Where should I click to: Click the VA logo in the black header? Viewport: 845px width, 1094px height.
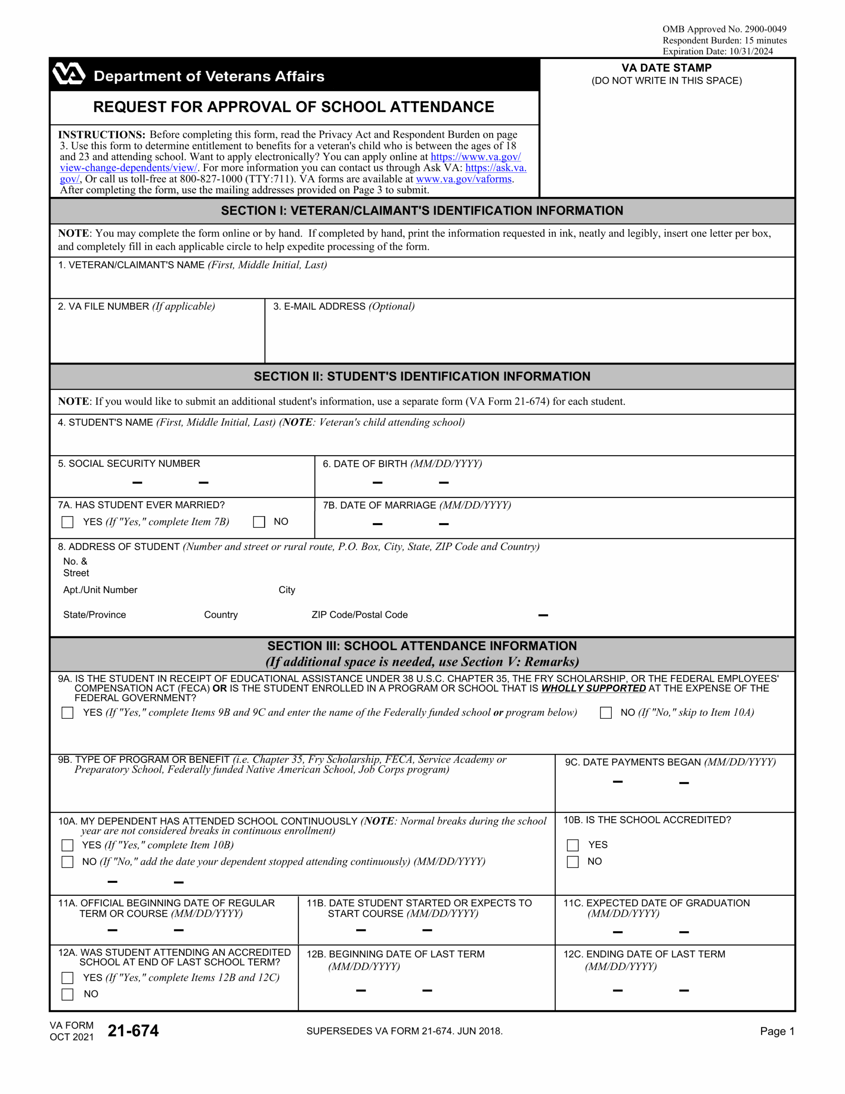tap(69, 74)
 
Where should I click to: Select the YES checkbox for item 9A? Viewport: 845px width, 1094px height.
tap(67, 713)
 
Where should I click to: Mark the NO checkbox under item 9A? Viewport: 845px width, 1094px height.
tap(606, 713)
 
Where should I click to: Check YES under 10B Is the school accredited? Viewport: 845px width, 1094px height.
tap(572, 846)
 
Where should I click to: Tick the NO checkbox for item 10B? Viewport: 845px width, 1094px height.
tap(572, 862)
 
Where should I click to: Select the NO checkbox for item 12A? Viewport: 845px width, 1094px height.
tap(67, 994)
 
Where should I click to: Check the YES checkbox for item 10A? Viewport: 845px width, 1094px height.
tap(67, 846)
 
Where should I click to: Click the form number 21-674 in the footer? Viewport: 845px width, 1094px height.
tap(133, 1031)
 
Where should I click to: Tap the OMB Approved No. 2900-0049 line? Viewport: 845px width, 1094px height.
tap(724, 29)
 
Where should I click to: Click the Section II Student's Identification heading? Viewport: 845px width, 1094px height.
tap(422, 376)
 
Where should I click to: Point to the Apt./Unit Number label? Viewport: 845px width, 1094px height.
tap(100, 590)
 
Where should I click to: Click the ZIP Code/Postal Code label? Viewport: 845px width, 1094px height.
tap(359, 615)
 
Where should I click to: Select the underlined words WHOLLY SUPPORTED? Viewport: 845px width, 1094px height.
tap(593, 688)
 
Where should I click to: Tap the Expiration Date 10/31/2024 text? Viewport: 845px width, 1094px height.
tap(717, 51)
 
